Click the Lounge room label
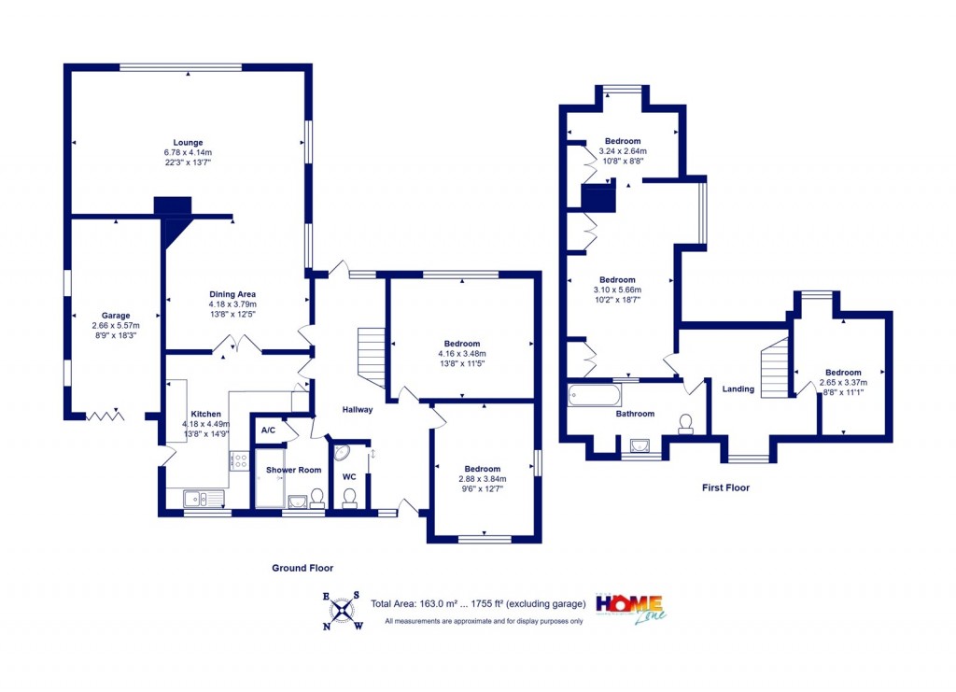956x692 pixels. click(x=187, y=143)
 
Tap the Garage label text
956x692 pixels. click(x=116, y=316)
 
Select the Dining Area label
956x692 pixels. click(x=232, y=294)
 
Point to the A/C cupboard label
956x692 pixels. click(x=268, y=431)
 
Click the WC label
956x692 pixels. click(x=349, y=477)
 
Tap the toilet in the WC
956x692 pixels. click(x=350, y=500)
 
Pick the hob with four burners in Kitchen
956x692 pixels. click(x=240, y=459)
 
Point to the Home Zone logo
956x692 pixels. click(x=630, y=608)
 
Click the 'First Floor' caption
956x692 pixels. click(x=725, y=487)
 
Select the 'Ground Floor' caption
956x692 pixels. click(x=302, y=568)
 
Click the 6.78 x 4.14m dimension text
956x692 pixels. click(x=187, y=153)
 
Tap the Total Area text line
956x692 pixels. click(x=478, y=604)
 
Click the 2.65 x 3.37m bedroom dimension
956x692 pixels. click(x=843, y=382)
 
